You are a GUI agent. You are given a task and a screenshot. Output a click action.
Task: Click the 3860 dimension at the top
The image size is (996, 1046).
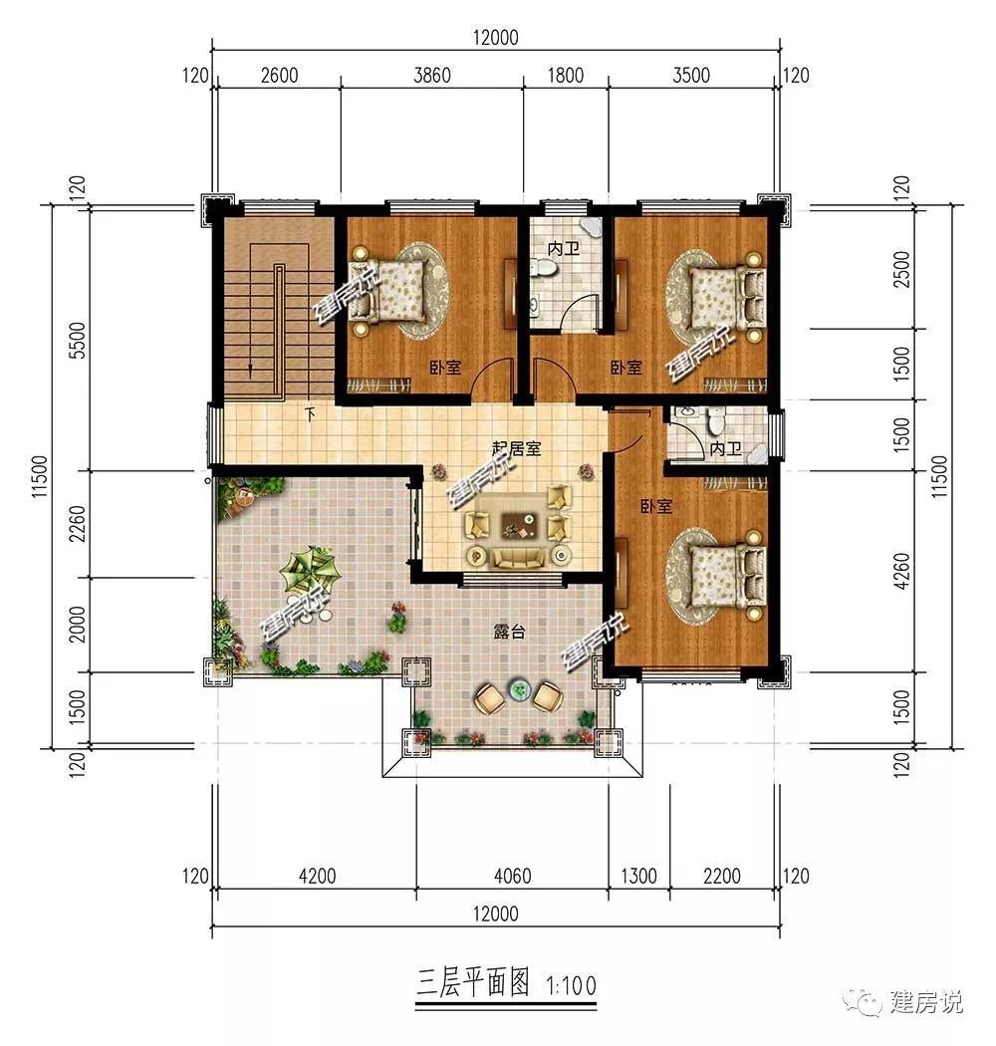[x=432, y=75]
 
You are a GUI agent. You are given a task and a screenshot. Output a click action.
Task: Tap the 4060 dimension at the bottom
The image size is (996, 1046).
[x=512, y=876]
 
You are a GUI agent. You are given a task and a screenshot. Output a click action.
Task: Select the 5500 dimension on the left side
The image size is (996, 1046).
[x=78, y=341]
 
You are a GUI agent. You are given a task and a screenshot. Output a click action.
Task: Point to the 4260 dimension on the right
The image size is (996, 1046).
[x=901, y=571]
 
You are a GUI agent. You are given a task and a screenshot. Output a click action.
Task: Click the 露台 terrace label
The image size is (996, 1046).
[x=509, y=631]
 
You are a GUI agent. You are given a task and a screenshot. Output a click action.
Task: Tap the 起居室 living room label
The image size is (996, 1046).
[x=517, y=448]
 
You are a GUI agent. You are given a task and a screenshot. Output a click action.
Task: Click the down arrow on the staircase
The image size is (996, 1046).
[x=250, y=371]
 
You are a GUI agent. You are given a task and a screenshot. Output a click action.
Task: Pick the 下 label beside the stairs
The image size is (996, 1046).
[x=310, y=414]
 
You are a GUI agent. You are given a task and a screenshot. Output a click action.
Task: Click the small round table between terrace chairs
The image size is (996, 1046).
[x=518, y=689]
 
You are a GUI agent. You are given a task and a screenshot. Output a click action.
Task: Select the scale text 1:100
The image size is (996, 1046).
[x=571, y=985]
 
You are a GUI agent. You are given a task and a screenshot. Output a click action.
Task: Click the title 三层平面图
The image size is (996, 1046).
[x=473, y=982]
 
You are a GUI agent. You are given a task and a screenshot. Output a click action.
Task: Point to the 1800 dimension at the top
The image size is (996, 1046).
[x=565, y=75]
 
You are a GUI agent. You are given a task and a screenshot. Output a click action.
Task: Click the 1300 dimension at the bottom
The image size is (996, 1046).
[x=639, y=876]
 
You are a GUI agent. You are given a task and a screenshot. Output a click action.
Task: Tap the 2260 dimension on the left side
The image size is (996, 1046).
[x=78, y=524]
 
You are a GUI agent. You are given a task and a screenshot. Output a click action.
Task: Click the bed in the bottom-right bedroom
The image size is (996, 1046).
[x=727, y=577]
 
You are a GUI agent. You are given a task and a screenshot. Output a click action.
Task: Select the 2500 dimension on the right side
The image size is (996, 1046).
[x=901, y=269]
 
